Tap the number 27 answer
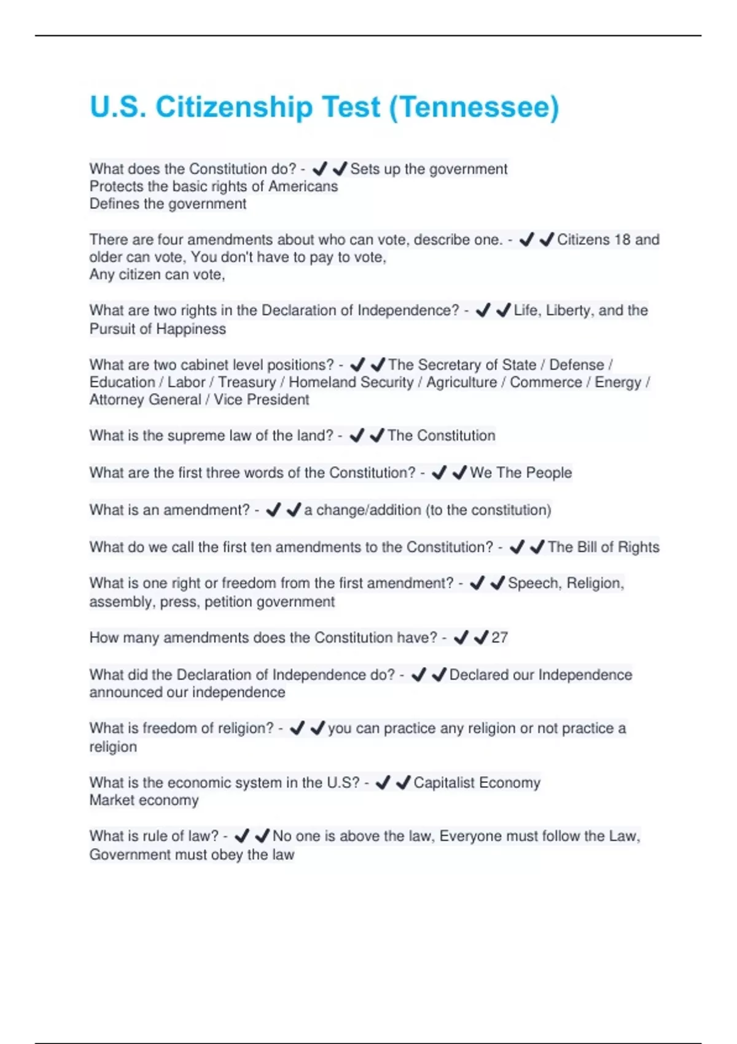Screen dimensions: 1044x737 coord(499,637)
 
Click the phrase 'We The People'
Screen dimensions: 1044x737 coord(521,473)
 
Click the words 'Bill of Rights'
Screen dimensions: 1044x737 coord(604,547)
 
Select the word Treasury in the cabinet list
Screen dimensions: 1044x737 coord(247,382)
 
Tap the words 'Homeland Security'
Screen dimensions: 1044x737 coord(351,382)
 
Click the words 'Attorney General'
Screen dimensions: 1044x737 coord(145,400)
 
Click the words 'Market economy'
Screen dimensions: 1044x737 coord(144,800)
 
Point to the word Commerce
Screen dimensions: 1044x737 coord(545,382)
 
